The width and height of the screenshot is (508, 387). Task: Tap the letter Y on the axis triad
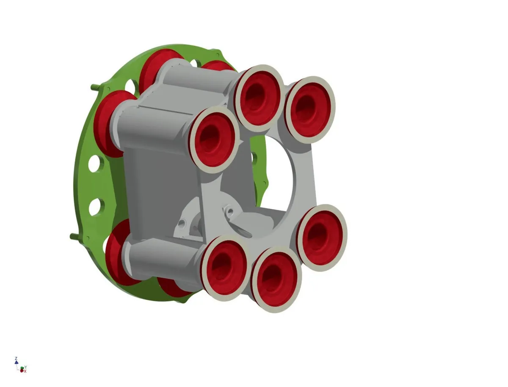pyautogui.click(x=26, y=367)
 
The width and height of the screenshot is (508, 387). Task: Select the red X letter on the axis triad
pyautogui.click(x=25, y=371)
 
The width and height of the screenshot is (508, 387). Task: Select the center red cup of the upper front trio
pyautogui.click(x=258, y=98)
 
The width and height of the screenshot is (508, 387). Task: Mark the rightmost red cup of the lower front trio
pyautogui.click(x=321, y=237)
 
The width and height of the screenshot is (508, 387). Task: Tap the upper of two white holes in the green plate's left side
pyautogui.click(x=96, y=163)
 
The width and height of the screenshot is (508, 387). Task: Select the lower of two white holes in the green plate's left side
pyautogui.click(x=95, y=206)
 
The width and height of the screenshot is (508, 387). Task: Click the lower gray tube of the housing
pyautogui.click(x=165, y=256)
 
